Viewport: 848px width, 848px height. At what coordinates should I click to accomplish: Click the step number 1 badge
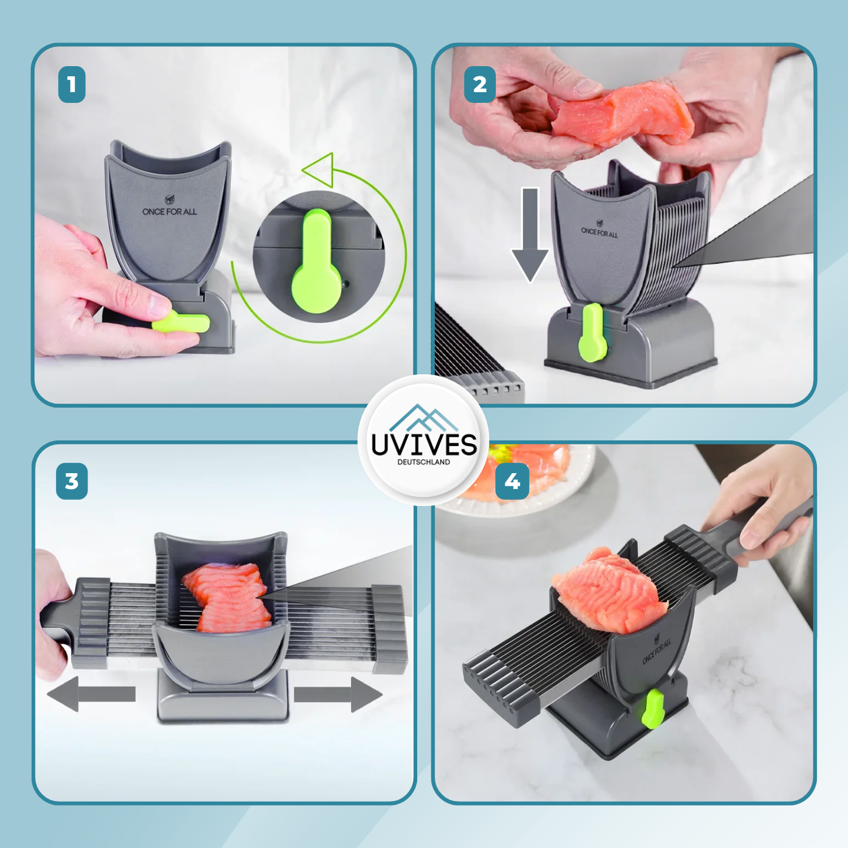(x=72, y=85)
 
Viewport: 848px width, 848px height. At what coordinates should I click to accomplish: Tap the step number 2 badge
(x=480, y=85)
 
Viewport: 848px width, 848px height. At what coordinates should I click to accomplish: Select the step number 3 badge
(x=72, y=481)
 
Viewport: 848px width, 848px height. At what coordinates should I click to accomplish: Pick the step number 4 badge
(x=512, y=482)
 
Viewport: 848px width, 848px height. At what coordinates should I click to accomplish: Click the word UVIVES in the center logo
(x=424, y=444)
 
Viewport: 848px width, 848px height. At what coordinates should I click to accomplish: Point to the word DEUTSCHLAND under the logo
(x=424, y=462)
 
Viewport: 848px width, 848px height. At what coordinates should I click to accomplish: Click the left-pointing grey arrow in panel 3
(x=91, y=694)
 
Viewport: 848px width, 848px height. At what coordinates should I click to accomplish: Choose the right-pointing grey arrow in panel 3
(x=338, y=694)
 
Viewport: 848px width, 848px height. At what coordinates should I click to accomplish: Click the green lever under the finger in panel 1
(x=181, y=322)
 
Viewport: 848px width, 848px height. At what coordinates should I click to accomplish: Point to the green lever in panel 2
(x=592, y=333)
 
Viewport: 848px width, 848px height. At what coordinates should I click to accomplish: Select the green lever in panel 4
(x=653, y=708)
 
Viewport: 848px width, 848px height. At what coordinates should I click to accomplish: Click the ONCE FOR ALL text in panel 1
(x=170, y=211)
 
